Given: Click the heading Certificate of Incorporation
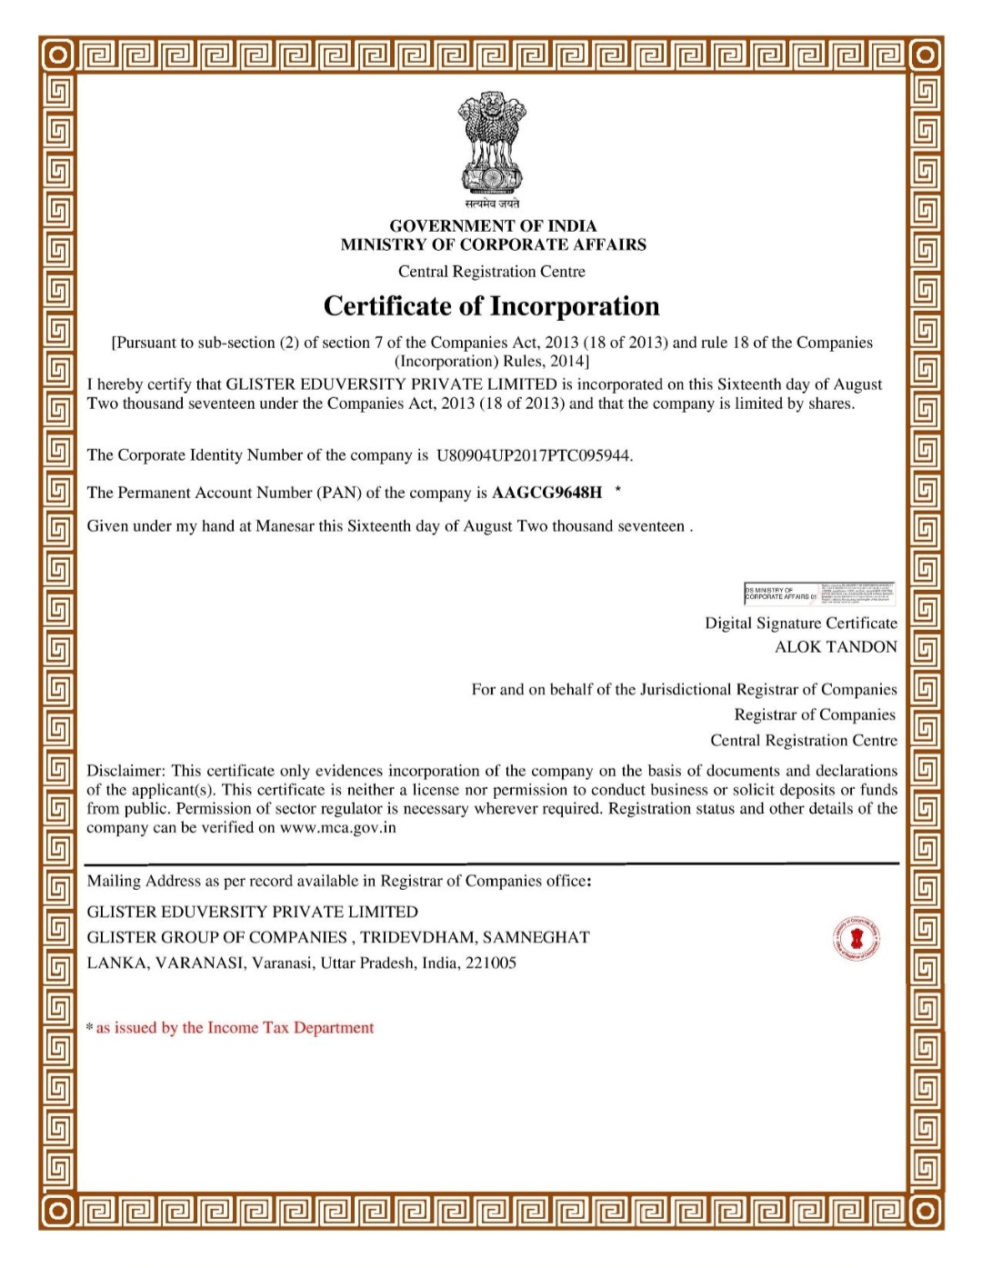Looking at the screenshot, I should [x=491, y=306].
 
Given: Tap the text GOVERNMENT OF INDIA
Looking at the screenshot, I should [x=493, y=225].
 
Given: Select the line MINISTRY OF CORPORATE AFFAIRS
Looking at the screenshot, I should [x=493, y=245].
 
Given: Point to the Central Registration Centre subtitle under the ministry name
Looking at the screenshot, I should [x=491, y=272].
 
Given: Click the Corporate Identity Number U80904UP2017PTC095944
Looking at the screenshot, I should [x=534, y=455].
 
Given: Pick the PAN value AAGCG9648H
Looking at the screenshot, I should [x=546, y=493].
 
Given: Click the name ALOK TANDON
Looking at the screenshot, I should [x=835, y=647].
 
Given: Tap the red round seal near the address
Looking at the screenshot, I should [x=856, y=938].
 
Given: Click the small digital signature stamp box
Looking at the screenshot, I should [x=819, y=594].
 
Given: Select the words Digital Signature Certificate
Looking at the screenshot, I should [x=800, y=624].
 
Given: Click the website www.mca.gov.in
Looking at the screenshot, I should [x=337, y=828].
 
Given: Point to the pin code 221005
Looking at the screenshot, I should [x=490, y=963].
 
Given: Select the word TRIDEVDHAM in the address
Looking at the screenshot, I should [x=417, y=937].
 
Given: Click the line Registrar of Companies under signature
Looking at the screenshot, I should [x=814, y=715].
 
